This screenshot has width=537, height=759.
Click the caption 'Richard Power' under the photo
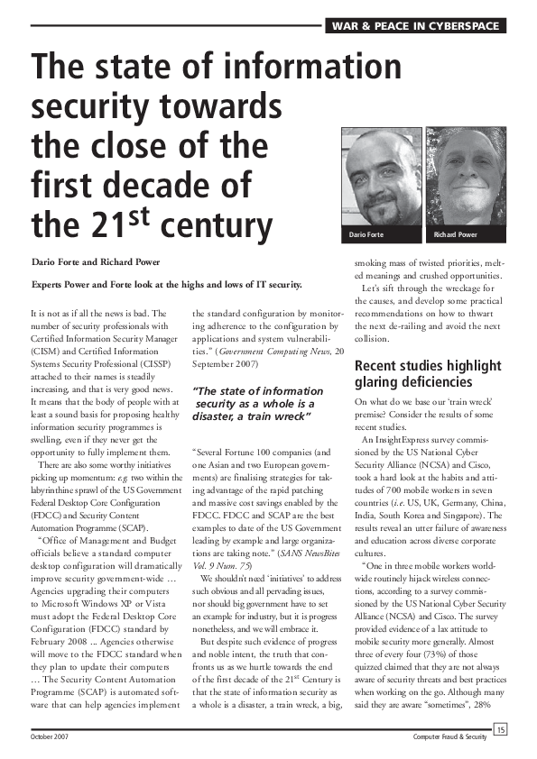coord(456,235)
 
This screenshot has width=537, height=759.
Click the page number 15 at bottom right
coord(500,729)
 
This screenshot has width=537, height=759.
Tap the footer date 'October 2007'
coord(52,736)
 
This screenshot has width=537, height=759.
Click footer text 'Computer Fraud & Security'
coord(449,736)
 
